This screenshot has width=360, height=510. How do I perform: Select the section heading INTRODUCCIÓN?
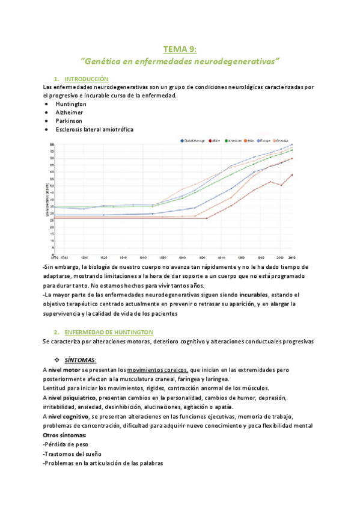tap(86, 79)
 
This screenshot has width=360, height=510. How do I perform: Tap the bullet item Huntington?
tap(71, 104)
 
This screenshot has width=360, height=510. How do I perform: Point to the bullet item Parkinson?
tap(69, 121)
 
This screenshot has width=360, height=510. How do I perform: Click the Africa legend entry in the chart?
tap(214, 141)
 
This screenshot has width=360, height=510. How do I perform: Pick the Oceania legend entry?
tap(285, 141)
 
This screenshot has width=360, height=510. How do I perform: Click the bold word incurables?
tap(254, 295)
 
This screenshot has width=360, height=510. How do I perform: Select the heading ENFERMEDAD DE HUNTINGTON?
tap(108, 332)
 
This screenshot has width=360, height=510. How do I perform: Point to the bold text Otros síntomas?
tap(65, 435)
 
